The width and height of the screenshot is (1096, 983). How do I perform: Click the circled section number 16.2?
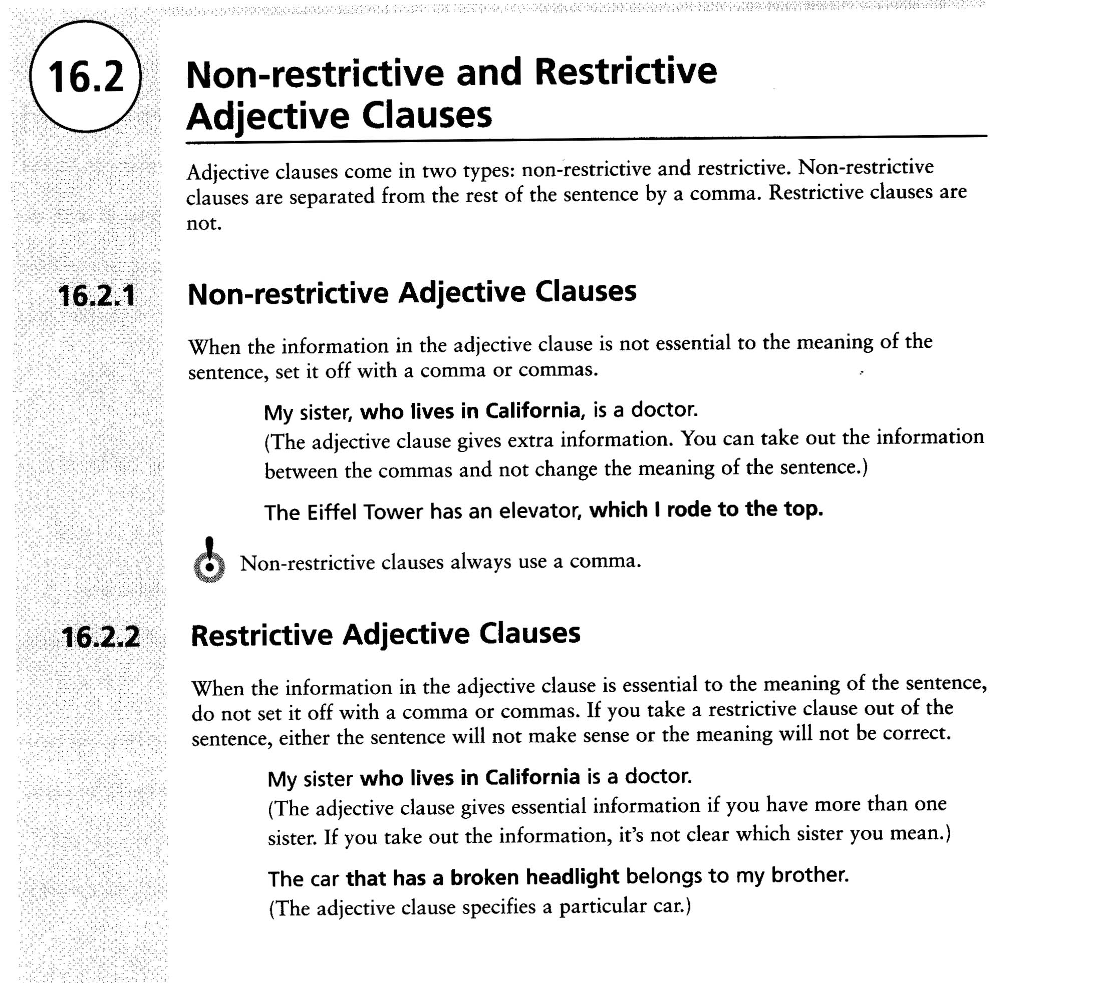(x=86, y=77)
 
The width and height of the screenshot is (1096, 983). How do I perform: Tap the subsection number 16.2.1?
(x=97, y=296)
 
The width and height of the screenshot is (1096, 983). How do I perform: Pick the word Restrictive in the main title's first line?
(x=625, y=72)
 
